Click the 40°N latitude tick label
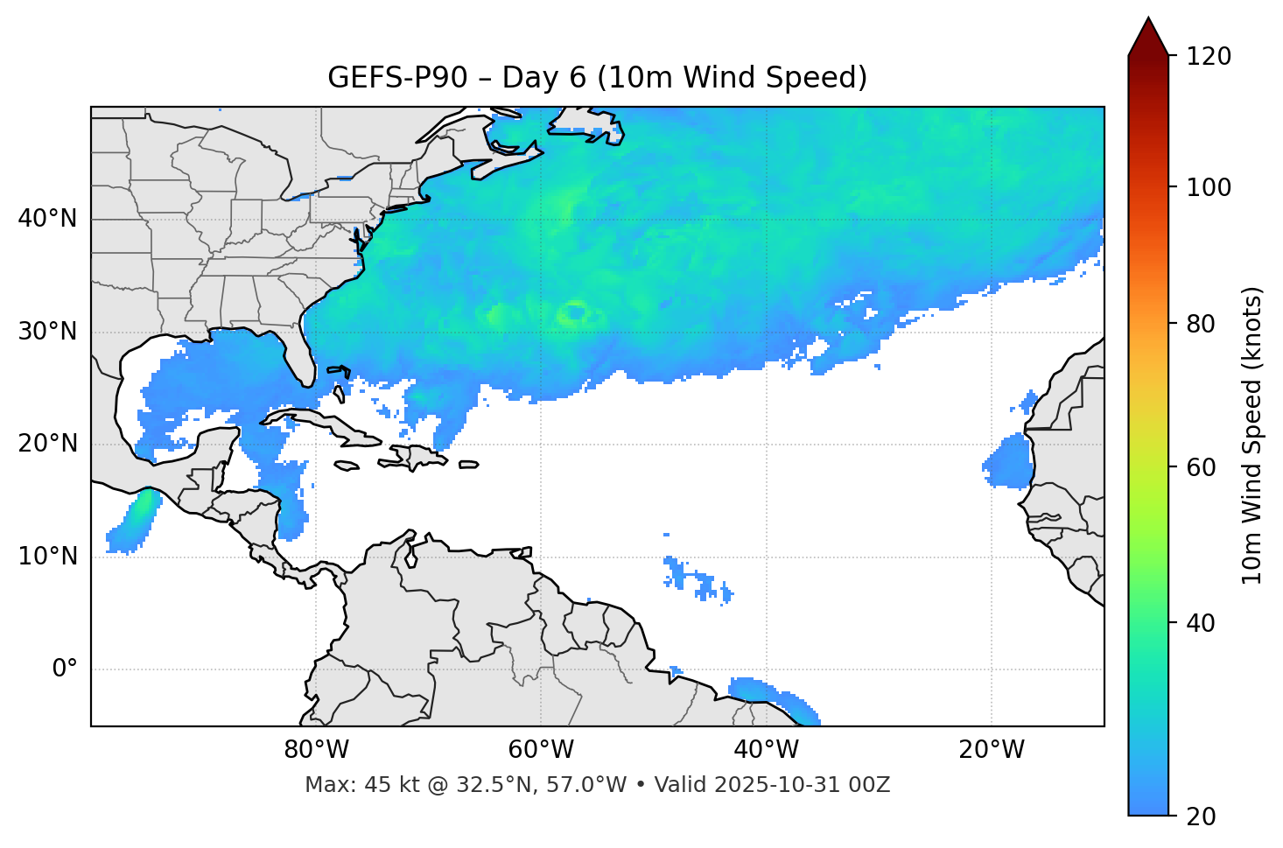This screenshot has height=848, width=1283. coord(47,219)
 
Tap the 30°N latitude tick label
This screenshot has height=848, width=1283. coord(47,332)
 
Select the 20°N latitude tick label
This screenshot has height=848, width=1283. coord(47,444)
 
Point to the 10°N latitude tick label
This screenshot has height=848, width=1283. coord(47,557)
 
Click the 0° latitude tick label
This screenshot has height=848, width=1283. coord(64,669)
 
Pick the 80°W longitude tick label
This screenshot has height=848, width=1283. coord(316,750)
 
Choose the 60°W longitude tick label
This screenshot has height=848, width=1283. coord(541,750)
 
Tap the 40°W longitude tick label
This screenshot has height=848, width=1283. coord(766,750)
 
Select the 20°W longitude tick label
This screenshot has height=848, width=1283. coord(991,750)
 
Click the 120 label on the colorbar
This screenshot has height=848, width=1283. coord(1209,57)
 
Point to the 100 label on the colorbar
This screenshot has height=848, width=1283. coord(1209,187)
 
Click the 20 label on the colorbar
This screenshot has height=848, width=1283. coord(1202,816)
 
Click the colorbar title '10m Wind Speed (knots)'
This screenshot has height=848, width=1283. coord(1252,435)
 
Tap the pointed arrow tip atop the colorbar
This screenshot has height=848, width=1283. coord(1148,19)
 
